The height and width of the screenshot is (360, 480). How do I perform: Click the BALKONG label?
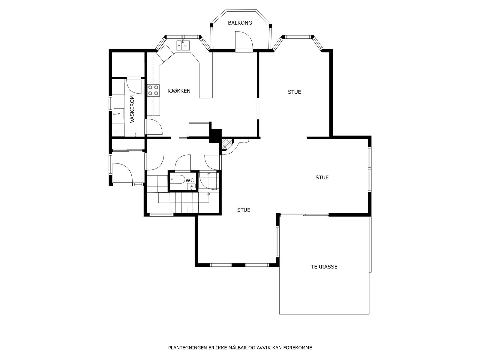[x=240, y=23]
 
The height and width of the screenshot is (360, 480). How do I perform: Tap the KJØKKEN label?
[x=179, y=91]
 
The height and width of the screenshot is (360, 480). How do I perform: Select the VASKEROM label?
[x=132, y=109]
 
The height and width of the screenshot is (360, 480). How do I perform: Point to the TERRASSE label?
[x=324, y=267]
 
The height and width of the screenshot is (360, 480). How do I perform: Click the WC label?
[x=190, y=181]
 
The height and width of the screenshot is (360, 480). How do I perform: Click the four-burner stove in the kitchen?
[x=153, y=91]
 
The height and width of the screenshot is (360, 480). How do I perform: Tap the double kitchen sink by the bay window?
[x=183, y=45]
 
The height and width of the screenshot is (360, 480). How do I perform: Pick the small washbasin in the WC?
[x=192, y=186]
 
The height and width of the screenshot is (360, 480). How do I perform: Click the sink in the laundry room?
[x=118, y=114]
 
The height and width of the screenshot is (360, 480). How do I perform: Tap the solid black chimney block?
[x=215, y=136]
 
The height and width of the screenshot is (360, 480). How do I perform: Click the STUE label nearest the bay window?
[x=294, y=92]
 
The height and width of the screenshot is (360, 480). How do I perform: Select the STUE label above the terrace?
[x=322, y=178]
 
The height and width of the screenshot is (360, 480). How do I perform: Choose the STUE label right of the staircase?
[x=244, y=210]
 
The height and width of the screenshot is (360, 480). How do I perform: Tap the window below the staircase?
[x=161, y=214]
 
